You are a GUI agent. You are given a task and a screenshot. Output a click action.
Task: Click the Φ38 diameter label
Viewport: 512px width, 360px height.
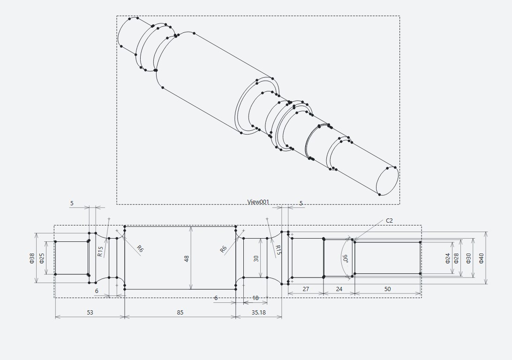pyautogui.click(x=32, y=258)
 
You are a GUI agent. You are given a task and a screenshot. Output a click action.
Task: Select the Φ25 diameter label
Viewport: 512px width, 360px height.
pyautogui.click(x=42, y=258)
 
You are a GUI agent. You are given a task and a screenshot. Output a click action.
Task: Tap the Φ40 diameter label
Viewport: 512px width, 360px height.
pyautogui.click(x=482, y=258)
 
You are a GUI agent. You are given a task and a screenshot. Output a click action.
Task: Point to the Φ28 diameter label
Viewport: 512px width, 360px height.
pyautogui.click(x=457, y=258)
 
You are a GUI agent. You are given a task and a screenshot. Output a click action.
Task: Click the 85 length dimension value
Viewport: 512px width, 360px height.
pyautogui.click(x=180, y=312)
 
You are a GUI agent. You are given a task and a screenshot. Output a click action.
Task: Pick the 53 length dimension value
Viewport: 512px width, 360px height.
pyautogui.click(x=90, y=312)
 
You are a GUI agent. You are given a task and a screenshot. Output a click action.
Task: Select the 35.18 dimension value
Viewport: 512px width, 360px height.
pyautogui.click(x=259, y=312)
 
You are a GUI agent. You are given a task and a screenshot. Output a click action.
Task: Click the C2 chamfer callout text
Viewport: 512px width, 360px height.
pyautogui.click(x=389, y=221)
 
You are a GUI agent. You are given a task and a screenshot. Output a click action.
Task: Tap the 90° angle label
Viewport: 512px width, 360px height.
pyautogui.click(x=345, y=259)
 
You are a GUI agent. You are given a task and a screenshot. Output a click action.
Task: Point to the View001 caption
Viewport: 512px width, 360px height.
pyautogui.click(x=258, y=202)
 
